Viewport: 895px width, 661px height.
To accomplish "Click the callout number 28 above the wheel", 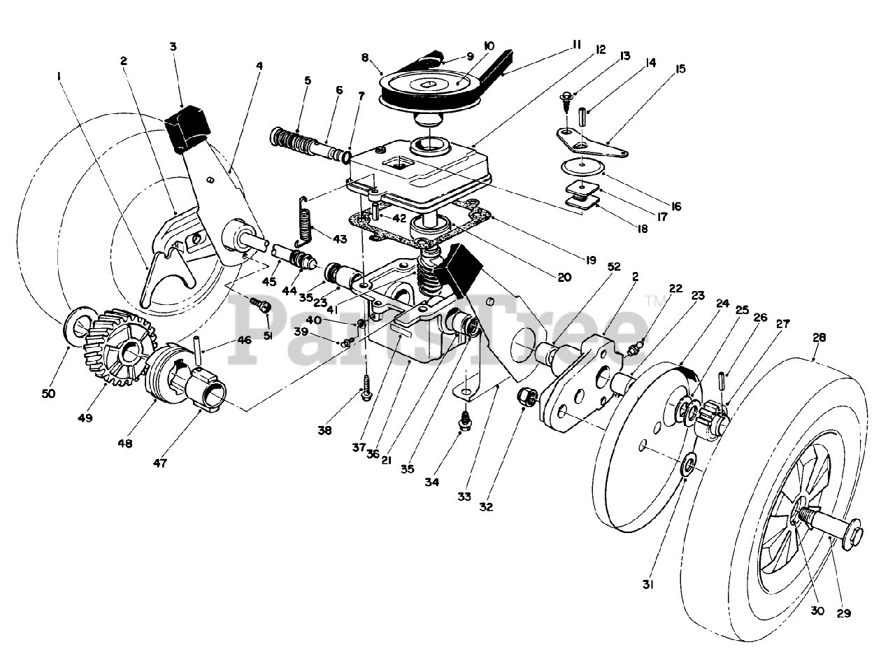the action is [820, 337].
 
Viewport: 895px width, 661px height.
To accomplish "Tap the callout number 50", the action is [48, 393].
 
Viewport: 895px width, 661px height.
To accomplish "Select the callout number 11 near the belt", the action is [576, 45].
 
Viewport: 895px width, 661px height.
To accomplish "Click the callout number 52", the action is [614, 266].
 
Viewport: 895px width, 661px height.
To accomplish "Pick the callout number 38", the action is [325, 430].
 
